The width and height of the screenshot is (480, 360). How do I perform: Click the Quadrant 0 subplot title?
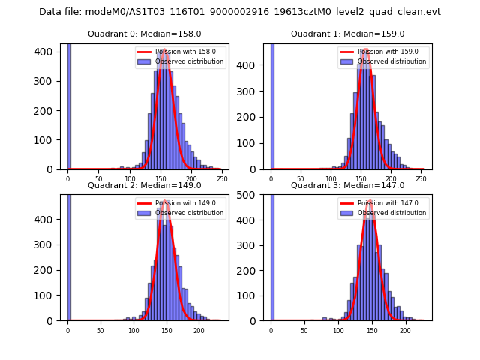click(144, 34)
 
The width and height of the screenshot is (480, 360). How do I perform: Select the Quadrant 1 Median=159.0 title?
click(347, 34)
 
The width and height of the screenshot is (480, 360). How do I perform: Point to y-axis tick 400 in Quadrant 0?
click(46, 52)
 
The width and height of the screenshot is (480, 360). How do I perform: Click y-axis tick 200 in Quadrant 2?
click(46, 270)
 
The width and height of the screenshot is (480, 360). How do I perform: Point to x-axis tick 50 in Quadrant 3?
click(304, 329)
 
